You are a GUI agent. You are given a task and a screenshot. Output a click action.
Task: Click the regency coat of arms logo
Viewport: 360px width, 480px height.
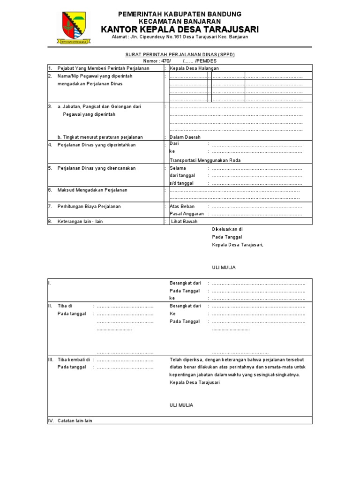[74, 27]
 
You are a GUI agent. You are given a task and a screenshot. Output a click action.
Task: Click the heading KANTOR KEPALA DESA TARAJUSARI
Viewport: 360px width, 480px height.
[180, 30]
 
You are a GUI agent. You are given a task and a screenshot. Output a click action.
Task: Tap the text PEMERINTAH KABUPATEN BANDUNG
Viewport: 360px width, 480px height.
[180, 14]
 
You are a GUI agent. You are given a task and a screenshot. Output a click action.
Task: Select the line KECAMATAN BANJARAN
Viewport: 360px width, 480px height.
[180, 22]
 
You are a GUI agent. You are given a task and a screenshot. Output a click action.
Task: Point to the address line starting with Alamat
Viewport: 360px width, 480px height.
[180, 37]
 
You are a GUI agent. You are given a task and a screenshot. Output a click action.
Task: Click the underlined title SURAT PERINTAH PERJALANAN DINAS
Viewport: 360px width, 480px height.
[180, 54]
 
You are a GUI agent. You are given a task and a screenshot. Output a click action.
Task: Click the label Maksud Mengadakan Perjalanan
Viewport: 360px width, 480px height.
[92, 190]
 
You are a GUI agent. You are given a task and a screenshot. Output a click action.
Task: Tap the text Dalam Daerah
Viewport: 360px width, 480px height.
[185, 137]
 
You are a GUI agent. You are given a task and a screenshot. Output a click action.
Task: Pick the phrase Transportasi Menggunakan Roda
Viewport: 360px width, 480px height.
[205, 160]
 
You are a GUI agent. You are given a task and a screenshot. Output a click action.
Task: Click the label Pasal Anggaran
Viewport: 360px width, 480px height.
[187, 214]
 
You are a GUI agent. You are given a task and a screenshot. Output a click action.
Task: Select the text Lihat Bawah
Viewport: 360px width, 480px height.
[184, 222]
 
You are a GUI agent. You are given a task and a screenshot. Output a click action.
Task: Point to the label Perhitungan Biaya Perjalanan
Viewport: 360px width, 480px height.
[89, 206]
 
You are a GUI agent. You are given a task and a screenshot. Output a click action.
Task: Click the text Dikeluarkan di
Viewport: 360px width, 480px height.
[227, 229]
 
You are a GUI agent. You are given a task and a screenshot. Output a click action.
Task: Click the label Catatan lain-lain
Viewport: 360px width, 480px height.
[75, 420]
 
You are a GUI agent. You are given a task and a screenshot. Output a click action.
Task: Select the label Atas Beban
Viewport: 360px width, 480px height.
[182, 206]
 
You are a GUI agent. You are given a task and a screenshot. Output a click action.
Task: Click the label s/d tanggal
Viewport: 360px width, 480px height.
[181, 183]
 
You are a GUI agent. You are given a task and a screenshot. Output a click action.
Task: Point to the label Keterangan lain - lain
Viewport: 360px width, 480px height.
[80, 222]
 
